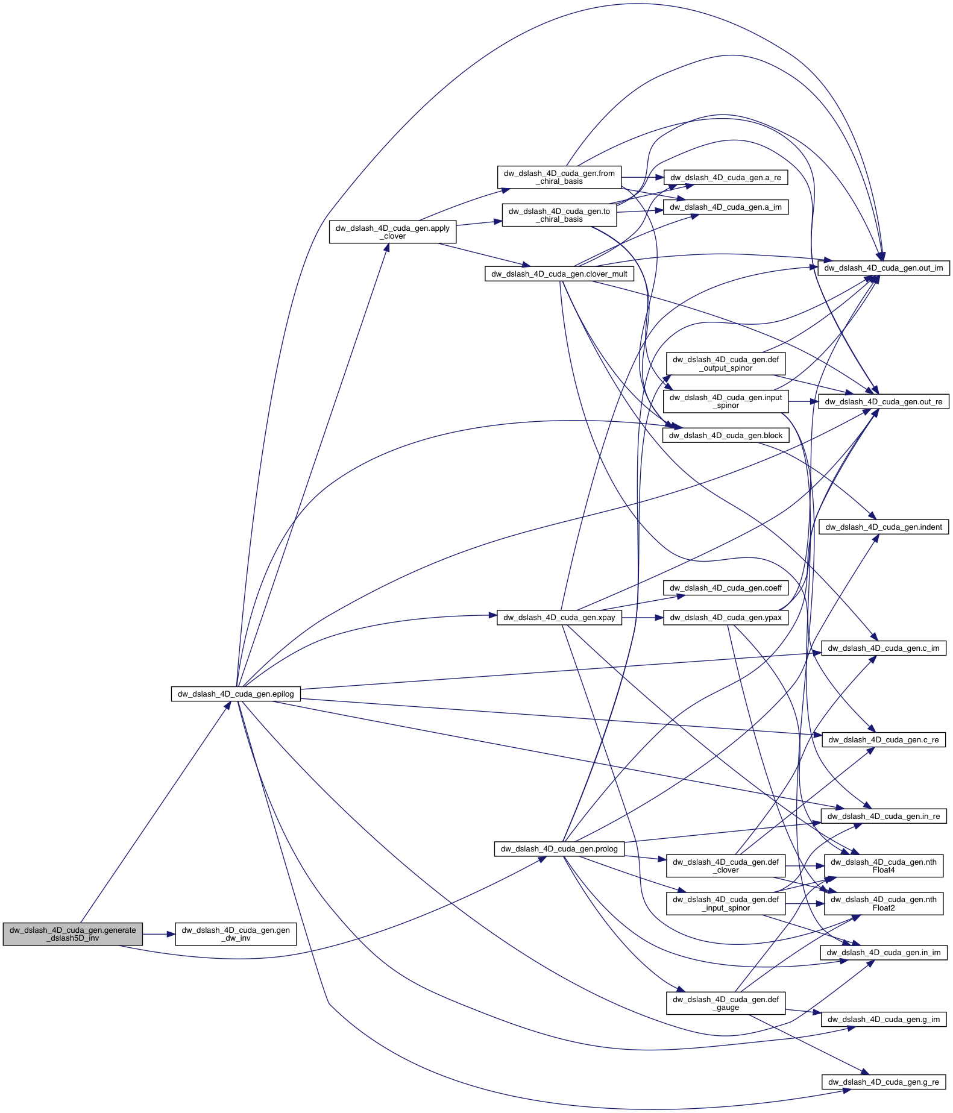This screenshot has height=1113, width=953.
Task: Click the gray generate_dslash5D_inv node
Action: pos(72,934)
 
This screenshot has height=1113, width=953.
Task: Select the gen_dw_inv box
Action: pos(236,934)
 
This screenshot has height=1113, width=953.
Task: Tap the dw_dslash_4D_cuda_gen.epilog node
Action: pos(236,694)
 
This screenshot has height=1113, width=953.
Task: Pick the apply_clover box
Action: pos(392,232)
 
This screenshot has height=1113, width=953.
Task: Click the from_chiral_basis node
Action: pos(559,177)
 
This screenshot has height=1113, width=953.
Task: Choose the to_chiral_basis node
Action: pos(559,215)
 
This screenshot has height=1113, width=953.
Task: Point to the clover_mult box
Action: pos(559,274)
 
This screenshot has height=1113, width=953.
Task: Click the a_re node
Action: pos(725,178)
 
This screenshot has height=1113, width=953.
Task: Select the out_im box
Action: pos(883,268)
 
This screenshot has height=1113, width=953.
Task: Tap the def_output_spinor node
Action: pos(725,363)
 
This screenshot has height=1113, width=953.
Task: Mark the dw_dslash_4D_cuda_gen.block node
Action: pos(725,436)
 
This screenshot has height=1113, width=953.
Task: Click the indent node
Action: pos(883,527)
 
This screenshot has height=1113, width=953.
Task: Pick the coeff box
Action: pos(725,588)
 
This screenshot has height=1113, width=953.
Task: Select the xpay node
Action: pos(559,618)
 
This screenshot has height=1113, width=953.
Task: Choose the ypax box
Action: pos(725,618)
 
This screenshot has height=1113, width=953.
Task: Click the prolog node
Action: pos(559,849)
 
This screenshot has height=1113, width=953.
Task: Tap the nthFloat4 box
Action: pos(883,866)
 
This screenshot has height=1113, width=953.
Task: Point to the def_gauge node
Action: pos(725,1003)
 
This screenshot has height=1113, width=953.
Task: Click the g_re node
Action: pos(883,1082)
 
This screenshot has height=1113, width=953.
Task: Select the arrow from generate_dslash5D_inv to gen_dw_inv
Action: pos(159,934)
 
